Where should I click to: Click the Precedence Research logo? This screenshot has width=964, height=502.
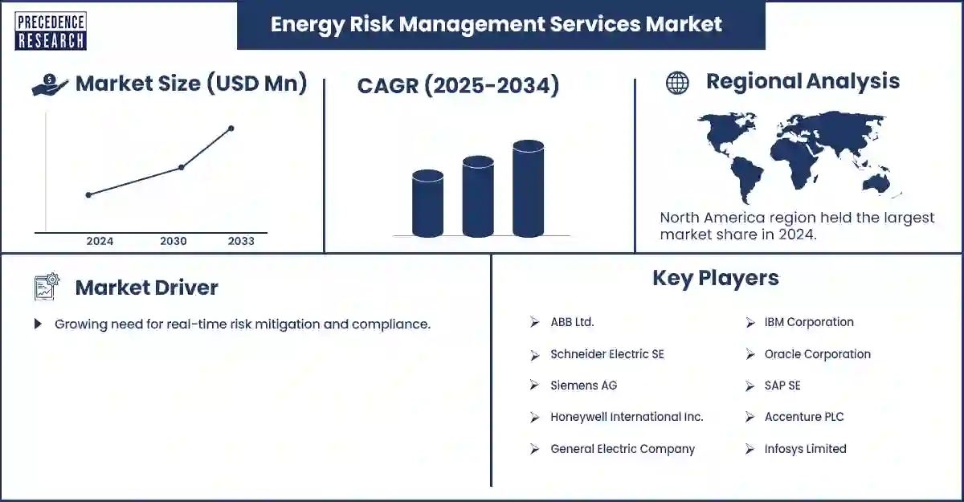[x=50, y=31]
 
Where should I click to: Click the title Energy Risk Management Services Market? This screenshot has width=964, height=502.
[x=496, y=24]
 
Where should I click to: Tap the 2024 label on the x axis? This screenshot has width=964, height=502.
[x=100, y=241]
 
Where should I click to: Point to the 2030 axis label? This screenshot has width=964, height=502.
[x=174, y=241]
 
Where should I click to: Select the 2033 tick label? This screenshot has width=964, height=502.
[x=241, y=241]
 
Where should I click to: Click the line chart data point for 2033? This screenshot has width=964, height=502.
[x=231, y=129]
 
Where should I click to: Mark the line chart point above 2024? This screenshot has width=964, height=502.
[x=88, y=194]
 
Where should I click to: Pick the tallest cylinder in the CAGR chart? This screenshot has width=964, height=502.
[x=528, y=190]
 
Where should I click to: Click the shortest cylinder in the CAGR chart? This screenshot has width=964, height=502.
[x=427, y=204]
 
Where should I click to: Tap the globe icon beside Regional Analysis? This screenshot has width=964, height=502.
[x=677, y=83]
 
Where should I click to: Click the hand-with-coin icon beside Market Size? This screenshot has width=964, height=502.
[x=50, y=84]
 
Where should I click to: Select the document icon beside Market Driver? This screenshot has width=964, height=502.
[x=47, y=287]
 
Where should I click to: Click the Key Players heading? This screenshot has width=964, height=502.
[x=715, y=278]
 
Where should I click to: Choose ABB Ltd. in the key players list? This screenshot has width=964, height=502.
[x=572, y=322]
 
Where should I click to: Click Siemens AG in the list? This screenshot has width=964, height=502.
[x=583, y=386]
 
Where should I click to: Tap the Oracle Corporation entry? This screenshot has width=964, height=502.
[x=817, y=354]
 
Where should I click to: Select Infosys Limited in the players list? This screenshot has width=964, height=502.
[x=805, y=449]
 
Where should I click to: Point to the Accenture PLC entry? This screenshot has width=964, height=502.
[x=803, y=417]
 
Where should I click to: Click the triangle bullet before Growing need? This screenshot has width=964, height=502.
[x=38, y=324]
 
